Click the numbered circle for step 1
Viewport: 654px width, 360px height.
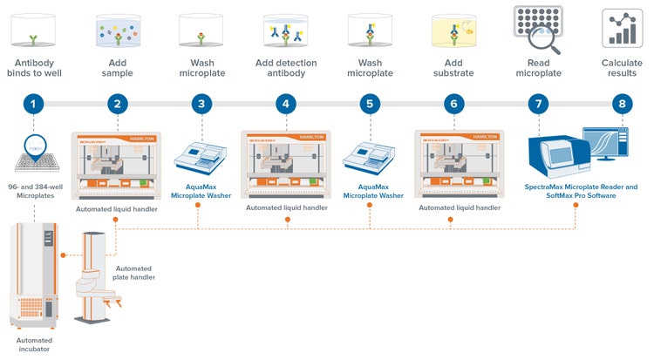point(32,104)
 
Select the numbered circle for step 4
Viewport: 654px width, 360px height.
point(284,104)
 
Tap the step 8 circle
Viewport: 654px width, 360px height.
point(621,104)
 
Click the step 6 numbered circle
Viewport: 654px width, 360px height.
point(451,104)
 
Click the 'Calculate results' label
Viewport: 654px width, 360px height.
point(621,69)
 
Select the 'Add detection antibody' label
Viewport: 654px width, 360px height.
point(286,69)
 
